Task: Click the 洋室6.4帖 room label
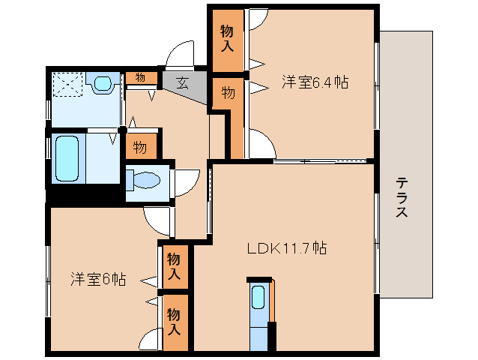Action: (x=315, y=82)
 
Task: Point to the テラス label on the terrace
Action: (x=402, y=196)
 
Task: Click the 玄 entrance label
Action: (x=182, y=82)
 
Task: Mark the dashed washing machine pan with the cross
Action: (x=67, y=85)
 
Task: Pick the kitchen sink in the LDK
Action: (x=258, y=298)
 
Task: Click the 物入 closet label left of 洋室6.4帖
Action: (x=227, y=37)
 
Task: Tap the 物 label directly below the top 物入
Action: (x=228, y=93)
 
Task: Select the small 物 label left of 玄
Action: (x=140, y=76)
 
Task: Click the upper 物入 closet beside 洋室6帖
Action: (x=174, y=265)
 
